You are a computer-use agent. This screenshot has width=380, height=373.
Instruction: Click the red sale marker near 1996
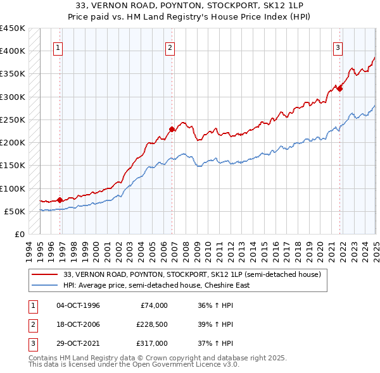pos(60,200)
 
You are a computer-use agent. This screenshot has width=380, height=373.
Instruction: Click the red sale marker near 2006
pos(172,130)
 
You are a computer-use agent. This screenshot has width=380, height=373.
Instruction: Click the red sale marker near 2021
pos(339,89)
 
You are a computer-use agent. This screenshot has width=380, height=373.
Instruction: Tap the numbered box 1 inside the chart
pos(58,47)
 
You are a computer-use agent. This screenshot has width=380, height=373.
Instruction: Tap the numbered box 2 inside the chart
pos(170,47)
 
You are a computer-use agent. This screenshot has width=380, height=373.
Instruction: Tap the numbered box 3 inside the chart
pos(338,47)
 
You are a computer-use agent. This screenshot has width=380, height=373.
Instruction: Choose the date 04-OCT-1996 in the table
pos(78,305)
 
